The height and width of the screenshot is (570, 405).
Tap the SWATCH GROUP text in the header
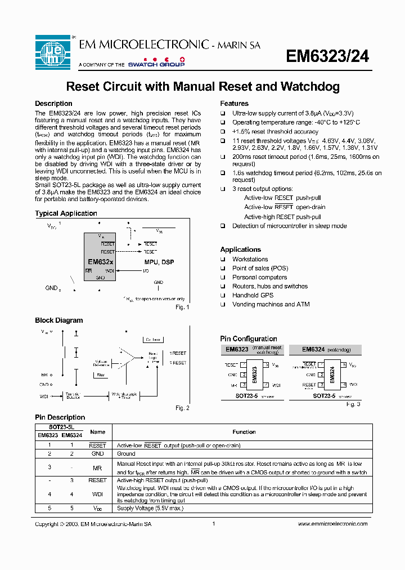156,65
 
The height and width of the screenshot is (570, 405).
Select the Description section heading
53,104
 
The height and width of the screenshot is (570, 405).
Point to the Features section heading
234,104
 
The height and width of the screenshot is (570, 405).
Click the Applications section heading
240,250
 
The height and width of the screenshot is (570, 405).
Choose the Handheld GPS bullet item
253,295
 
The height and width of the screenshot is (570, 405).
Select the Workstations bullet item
250,259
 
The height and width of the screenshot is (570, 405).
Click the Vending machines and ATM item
271,304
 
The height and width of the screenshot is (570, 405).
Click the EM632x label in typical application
100,262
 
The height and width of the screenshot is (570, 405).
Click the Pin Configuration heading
248,339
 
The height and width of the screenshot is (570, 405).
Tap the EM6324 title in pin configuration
313,350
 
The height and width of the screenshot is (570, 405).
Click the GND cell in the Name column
97,453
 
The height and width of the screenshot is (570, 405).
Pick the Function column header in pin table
244,432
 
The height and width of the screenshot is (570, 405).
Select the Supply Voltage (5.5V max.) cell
150,508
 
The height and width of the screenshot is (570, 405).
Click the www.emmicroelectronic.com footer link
332,524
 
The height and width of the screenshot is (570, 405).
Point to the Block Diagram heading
58,320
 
